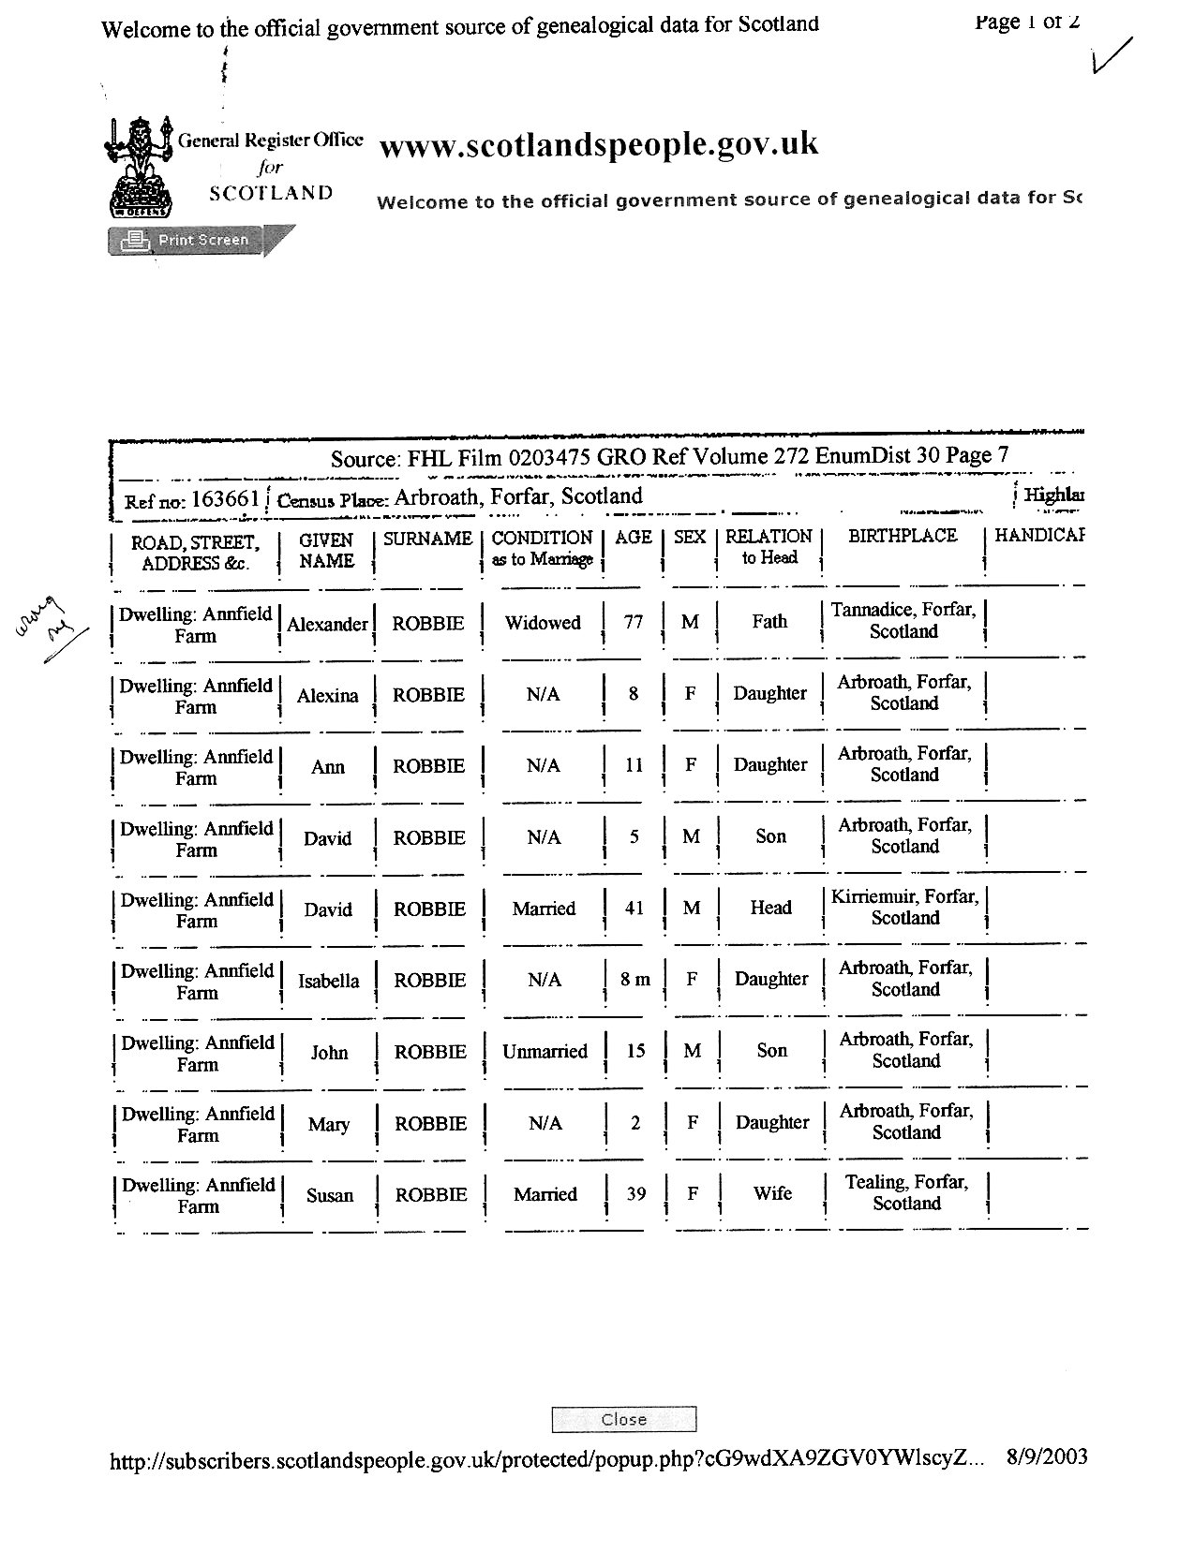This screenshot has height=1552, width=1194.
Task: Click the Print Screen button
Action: (x=191, y=241)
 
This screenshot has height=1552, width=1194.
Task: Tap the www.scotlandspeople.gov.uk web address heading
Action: (x=598, y=144)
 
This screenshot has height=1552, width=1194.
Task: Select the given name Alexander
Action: (x=327, y=625)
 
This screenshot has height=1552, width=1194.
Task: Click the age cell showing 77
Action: (x=634, y=622)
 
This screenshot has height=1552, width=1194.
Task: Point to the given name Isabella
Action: (x=328, y=982)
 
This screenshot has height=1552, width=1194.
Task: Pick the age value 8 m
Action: (x=634, y=980)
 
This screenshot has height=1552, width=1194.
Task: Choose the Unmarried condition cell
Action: (x=545, y=1052)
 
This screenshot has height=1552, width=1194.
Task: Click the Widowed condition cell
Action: (x=543, y=623)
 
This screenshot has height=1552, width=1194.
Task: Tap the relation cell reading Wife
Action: (x=772, y=1193)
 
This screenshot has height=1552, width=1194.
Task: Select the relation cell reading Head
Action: (x=770, y=908)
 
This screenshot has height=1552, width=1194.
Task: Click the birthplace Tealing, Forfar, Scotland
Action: (x=905, y=1192)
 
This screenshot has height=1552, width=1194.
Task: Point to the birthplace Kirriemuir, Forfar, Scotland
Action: (x=904, y=907)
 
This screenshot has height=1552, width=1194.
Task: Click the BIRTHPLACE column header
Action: (x=902, y=536)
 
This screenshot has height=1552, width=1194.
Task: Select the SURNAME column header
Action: (x=427, y=539)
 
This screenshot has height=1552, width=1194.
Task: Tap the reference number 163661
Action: (x=224, y=499)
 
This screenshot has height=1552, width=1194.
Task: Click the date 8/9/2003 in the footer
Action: (x=1047, y=1456)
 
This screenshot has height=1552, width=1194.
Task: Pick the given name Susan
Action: (x=330, y=1195)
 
